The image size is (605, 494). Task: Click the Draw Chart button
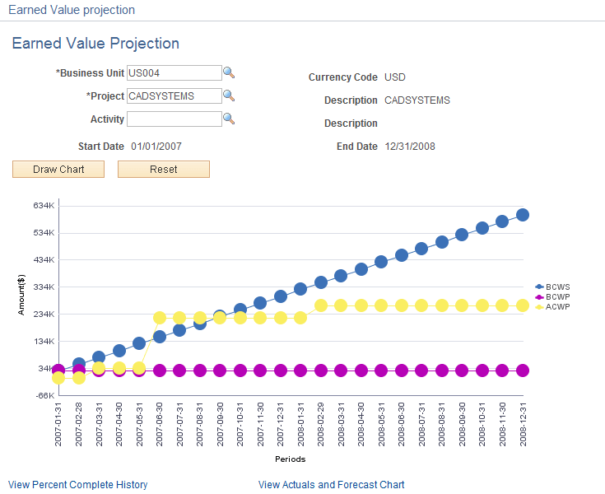58,169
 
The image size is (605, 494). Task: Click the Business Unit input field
174,72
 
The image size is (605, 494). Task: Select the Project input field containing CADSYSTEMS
174,96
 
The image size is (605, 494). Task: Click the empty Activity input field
174,119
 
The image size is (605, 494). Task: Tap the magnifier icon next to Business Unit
230,72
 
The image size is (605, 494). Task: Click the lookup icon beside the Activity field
230,119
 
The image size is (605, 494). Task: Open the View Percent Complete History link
77,485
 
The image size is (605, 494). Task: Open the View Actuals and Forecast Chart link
331,485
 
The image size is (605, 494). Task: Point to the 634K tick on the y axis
43,205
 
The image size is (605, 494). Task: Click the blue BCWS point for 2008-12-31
523,215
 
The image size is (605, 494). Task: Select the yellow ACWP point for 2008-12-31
523,305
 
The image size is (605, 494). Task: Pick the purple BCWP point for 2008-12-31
523,370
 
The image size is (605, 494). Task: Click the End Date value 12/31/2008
409,147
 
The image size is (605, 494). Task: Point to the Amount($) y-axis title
22,300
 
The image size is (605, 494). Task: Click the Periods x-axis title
290,459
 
